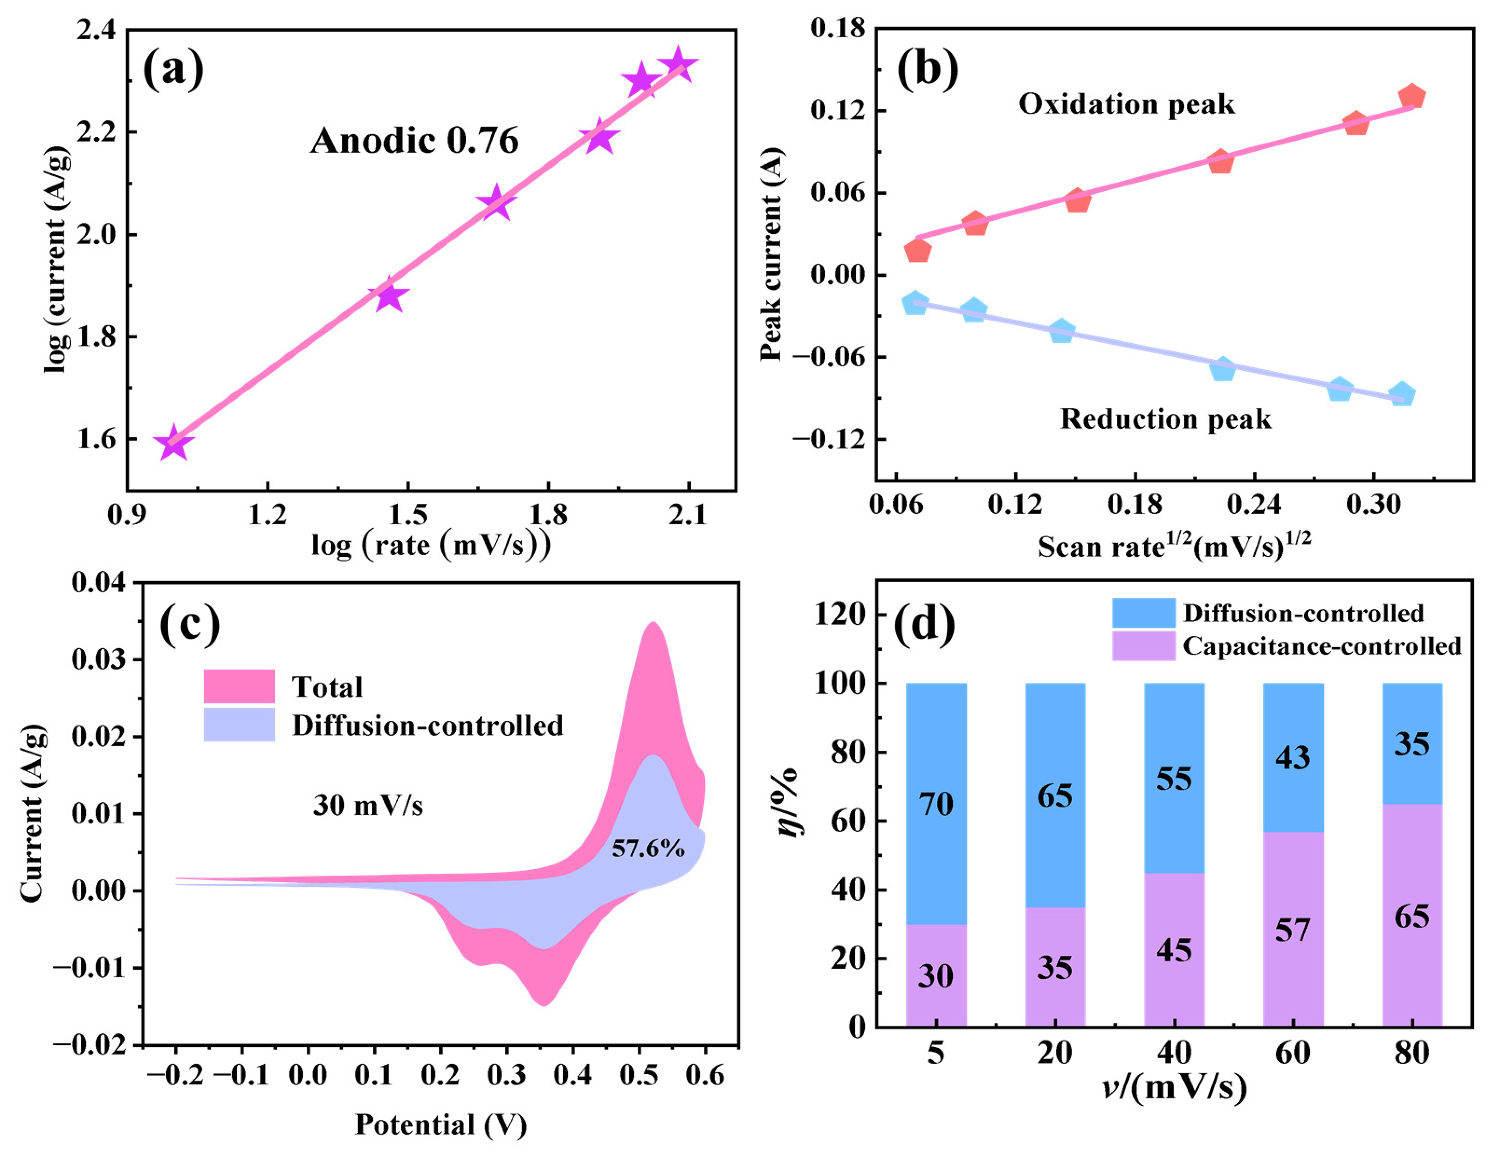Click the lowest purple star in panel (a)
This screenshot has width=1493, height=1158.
point(174,443)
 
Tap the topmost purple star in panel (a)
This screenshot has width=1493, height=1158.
point(678,65)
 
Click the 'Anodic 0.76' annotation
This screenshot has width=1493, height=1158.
point(414,141)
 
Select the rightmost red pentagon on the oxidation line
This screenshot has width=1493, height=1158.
point(1411,97)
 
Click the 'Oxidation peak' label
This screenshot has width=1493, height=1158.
point(1127,104)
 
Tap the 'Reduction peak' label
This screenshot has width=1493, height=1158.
point(1166,418)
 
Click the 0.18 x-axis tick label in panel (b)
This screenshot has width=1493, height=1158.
point(1135,505)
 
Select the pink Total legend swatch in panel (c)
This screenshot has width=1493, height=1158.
point(239,685)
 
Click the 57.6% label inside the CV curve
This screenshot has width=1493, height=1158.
point(648,848)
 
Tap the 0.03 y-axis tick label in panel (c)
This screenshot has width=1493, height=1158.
point(99,660)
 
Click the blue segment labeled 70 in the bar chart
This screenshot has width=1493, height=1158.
point(936,804)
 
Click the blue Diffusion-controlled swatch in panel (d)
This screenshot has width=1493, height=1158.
point(1144,612)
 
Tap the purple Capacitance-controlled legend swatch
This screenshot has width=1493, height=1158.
point(1144,646)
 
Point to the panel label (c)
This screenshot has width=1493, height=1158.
point(190,625)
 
